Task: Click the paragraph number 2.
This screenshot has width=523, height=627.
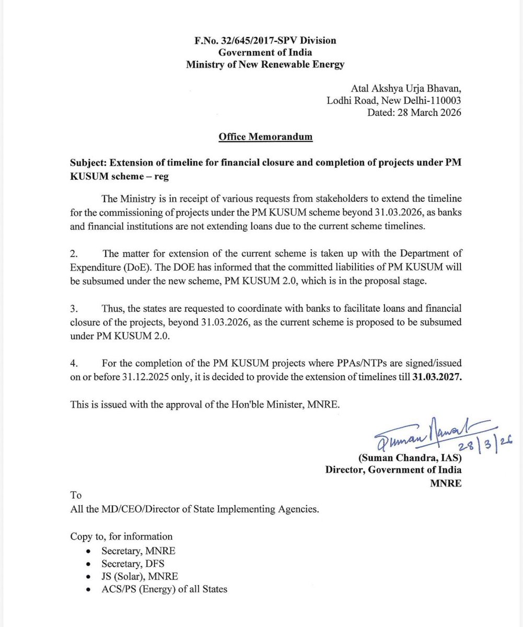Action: click(x=74, y=254)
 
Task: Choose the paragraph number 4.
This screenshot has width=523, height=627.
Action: click(x=74, y=363)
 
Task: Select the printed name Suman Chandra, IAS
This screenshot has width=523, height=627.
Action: click(x=409, y=458)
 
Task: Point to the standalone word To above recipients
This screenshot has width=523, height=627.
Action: click(x=76, y=495)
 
